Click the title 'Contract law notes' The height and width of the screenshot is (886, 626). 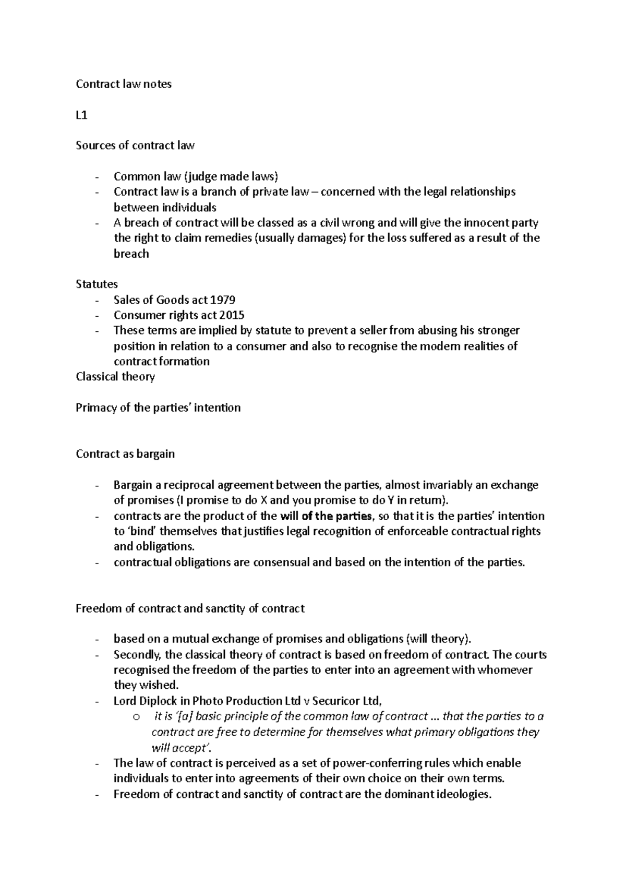pos(124,84)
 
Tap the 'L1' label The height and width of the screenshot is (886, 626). pos(81,115)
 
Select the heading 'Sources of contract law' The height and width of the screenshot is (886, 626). pos(135,146)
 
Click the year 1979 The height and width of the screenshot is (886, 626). pos(223,300)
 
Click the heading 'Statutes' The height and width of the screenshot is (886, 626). pos(97,284)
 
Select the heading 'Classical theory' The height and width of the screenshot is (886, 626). pos(115,377)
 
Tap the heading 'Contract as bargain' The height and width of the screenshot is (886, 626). pos(125,454)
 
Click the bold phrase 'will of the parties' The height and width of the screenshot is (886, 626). pos(327,517)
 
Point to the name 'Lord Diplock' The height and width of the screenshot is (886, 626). pos(145,701)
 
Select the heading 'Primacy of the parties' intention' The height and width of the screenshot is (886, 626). pos(158,408)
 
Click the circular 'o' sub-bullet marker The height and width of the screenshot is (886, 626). pos(137,717)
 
